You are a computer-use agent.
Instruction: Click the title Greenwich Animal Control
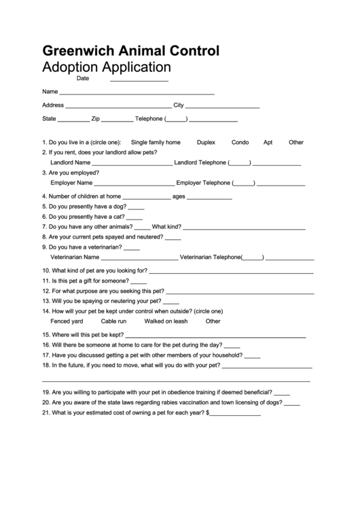(x=130, y=50)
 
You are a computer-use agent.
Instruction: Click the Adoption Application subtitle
(x=106, y=67)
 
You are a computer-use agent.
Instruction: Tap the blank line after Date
(x=139, y=80)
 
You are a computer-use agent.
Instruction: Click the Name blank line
(x=137, y=93)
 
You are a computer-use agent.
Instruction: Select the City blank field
(x=222, y=107)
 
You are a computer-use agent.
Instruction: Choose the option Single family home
(x=156, y=143)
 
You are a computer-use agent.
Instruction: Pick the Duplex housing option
(x=206, y=143)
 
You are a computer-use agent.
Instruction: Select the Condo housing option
(x=240, y=143)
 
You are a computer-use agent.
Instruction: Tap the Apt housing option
(x=268, y=143)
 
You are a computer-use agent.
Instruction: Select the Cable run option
(x=113, y=321)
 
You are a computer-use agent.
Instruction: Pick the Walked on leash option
(x=166, y=321)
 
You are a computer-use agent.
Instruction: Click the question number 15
(x=46, y=335)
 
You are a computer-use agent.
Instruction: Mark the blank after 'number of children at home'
(x=146, y=198)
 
